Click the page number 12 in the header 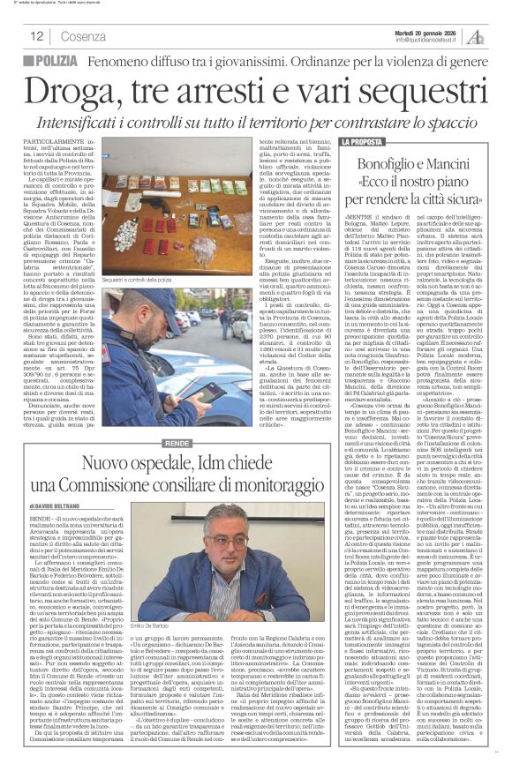pos(37,35)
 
